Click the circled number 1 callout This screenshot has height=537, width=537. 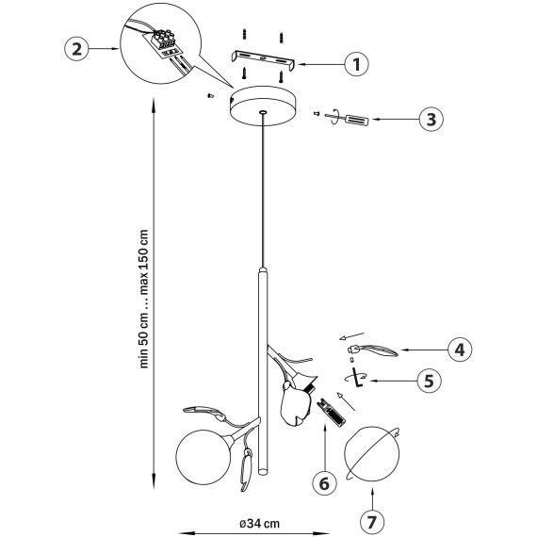pos(356,64)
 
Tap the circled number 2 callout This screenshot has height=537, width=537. pos(76,49)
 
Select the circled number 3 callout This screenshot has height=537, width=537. pos(431,120)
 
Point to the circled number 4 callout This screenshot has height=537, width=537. pos(460,350)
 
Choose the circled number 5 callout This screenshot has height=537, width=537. pos(430,381)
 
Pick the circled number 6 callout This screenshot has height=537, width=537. pos(324,483)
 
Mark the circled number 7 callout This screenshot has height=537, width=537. pos(372,522)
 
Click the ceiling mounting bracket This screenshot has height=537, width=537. pos(263,60)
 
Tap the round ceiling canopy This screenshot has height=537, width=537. pos(263,106)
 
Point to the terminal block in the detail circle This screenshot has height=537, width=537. pos(164,41)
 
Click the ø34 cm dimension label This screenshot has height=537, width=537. pos(259,523)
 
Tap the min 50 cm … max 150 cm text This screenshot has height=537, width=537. pos(144,299)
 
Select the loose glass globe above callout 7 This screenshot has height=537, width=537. pos(372,454)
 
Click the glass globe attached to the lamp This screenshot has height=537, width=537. pos(203,457)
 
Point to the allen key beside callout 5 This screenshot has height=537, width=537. pos(358,377)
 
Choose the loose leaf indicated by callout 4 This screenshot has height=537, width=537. pos(373,350)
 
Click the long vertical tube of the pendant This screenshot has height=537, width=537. pos(263,370)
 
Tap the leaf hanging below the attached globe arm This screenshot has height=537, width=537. pos(246,469)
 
